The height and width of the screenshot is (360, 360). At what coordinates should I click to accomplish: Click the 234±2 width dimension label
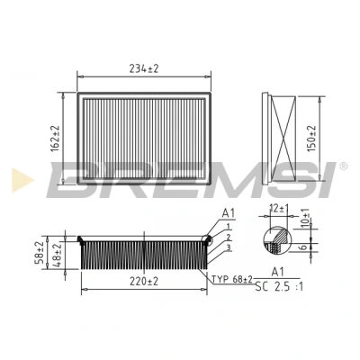point(144,69)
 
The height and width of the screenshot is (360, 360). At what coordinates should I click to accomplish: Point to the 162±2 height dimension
point(56,139)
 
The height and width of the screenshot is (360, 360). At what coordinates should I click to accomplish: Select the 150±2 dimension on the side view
point(311,139)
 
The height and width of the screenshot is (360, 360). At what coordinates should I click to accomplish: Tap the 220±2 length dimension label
point(144,282)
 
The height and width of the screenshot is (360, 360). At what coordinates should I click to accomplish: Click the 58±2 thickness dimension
point(40,253)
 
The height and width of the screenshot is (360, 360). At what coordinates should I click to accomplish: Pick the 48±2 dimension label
point(57,255)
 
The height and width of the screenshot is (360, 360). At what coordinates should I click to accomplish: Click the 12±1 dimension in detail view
point(279,208)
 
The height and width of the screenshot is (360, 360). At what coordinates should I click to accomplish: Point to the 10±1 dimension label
point(305,217)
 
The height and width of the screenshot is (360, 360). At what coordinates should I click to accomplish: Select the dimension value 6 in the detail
point(303,247)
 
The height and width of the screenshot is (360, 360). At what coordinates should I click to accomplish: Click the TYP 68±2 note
point(232,280)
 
